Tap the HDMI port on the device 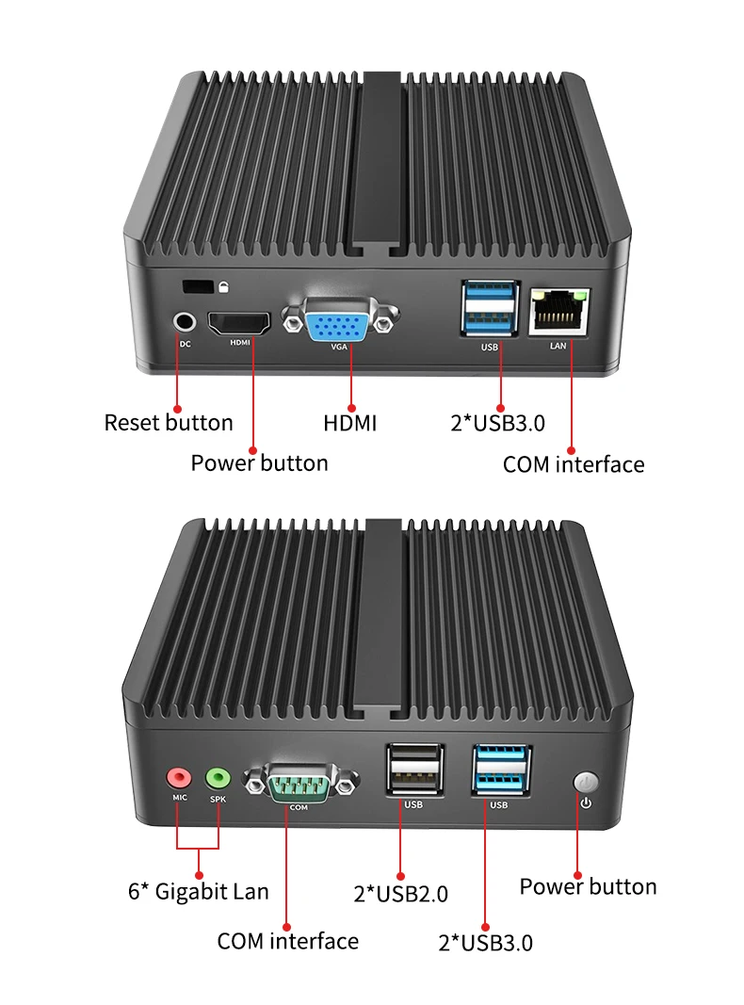tap(239, 323)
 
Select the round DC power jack tap(184, 321)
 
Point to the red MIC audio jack tap(178, 778)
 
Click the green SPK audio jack tap(218, 778)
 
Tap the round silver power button tap(586, 783)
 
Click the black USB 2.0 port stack tap(412, 770)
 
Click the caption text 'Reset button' tap(169, 423)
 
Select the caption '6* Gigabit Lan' tap(198, 891)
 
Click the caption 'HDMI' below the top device tap(349, 423)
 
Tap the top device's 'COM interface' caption tap(574, 463)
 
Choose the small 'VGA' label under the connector tap(339, 347)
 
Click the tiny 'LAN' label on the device tap(558, 346)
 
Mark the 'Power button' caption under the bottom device tap(588, 886)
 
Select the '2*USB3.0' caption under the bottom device tap(485, 942)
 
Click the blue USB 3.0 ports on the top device tap(488, 308)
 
